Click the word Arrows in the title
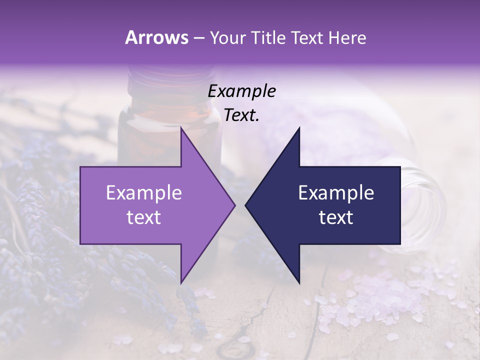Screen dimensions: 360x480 (x=156, y=37)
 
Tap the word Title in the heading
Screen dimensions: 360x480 (x=268, y=37)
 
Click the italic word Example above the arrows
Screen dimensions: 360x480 (x=242, y=91)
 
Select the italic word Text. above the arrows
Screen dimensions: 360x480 (x=241, y=115)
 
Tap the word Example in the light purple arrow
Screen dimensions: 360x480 (x=144, y=193)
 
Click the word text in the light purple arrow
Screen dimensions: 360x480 (x=144, y=217)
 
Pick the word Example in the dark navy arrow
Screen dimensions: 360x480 (x=336, y=193)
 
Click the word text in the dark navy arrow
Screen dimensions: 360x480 (x=336, y=217)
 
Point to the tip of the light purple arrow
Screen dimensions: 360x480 (x=235, y=205)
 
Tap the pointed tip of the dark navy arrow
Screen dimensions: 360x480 (x=245, y=205)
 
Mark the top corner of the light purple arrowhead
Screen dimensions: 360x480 (x=181, y=128)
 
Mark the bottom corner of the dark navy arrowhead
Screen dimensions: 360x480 (x=299, y=283)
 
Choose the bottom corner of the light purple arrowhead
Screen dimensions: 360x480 (x=181, y=283)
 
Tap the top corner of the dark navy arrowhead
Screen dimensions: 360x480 (x=299, y=128)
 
